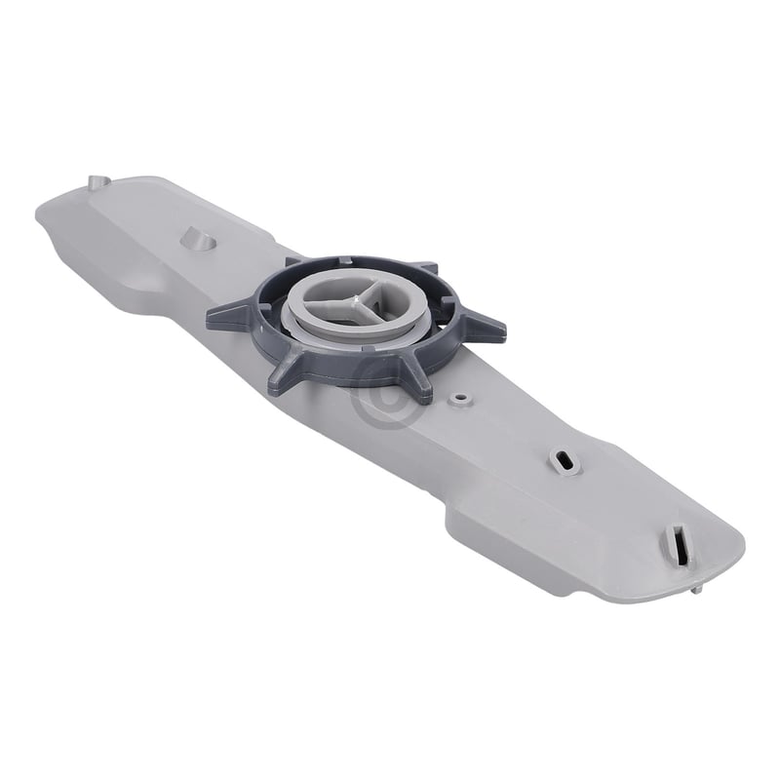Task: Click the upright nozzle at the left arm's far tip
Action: (x=95, y=182)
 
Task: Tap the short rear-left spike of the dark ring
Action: (x=293, y=261)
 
